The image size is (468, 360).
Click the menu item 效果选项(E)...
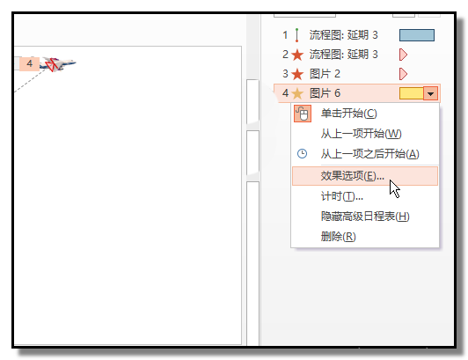pyautogui.click(x=352, y=176)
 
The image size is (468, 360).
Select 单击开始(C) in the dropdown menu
pyautogui.click(x=349, y=114)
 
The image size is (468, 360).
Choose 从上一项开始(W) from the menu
pyautogui.click(x=362, y=134)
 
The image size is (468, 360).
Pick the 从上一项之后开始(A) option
pyautogui.click(x=370, y=154)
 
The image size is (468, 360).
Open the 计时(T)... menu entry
pyautogui.click(x=342, y=196)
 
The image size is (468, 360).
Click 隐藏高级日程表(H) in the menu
pyautogui.click(x=365, y=217)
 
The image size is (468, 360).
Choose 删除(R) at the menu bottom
pyautogui.click(x=338, y=237)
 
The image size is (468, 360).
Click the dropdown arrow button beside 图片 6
pyautogui.click(x=430, y=93)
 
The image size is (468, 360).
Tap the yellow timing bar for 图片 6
pyautogui.click(x=412, y=93)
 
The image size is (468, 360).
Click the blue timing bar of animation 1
pyautogui.click(x=417, y=35)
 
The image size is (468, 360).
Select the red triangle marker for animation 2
pyautogui.click(x=403, y=55)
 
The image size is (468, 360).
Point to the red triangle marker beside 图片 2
pyautogui.click(x=403, y=74)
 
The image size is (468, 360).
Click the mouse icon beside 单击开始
pyautogui.click(x=303, y=114)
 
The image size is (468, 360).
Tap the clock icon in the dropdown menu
pyautogui.click(x=302, y=153)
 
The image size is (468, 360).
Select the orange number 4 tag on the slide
pyautogui.click(x=29, y=63)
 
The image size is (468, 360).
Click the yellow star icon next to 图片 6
pyautogui.click(x=297, y=94)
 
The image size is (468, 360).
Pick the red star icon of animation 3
pyautogui.click(x=297, y=74)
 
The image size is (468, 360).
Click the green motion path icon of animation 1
pyautogui.click(x=296, y=35)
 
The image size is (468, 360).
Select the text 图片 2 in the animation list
pyautogui.click(x=325, y=74)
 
